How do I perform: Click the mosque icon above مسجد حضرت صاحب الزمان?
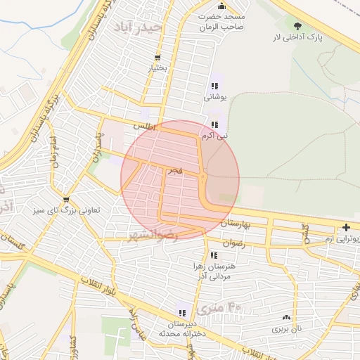[x=221, y=6]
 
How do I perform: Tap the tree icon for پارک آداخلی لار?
[x=300, y=26]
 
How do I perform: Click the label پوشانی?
[x=214, y=98]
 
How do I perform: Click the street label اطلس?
[x=143, y=127]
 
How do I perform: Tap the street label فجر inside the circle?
[x=176, y=171]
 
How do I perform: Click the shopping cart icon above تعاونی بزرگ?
[x=66, y=200]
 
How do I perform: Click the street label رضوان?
[x=233, y=243]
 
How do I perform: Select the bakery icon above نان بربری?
[x=286, y=318]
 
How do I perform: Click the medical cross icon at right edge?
[x=346, y=227]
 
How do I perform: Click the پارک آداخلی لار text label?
[x=298, y=37]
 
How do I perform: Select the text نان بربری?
[x=286, y=328]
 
